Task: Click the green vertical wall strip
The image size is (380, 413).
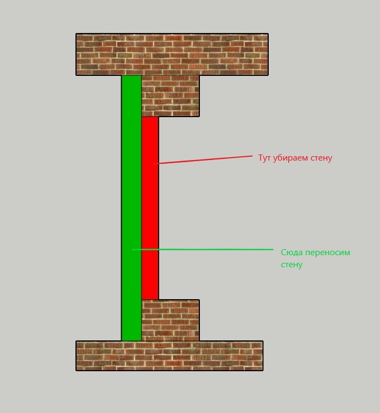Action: coord(132,208)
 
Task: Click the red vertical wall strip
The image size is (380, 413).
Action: coord(150,208)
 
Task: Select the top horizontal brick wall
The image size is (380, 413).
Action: coord(172,54)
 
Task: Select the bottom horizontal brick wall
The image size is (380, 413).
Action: coord(170,356)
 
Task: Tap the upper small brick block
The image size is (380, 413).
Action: coord(171,96)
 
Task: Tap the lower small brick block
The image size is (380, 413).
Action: coord(171,320)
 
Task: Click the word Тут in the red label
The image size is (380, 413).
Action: coord(264,158)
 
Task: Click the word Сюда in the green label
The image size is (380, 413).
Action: coord(292,252)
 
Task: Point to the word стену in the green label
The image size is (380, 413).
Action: coord(291,265)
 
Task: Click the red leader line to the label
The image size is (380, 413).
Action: coord(203,160)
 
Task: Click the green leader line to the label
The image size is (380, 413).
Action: coord(203,250)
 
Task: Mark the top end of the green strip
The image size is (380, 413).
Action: coord(132,76)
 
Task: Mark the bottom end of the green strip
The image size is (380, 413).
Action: coord(132,340)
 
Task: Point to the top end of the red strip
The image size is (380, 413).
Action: coord(150,117)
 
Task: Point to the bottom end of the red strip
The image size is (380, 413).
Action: coord(150,299)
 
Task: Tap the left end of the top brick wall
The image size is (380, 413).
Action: coord(77,54)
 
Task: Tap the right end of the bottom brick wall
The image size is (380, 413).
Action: coord(263,356)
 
